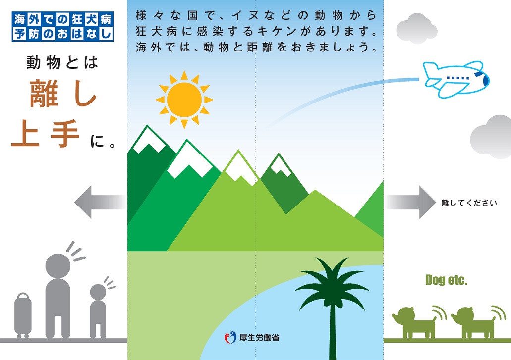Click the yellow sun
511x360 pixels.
[184, 100]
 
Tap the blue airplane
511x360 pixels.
[456, 79]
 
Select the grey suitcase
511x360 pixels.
[23, 315]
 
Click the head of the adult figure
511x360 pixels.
[57, 265]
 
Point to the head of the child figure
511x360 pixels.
[98, 292]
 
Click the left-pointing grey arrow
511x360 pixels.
[100, 202]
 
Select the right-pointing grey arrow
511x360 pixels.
[410, 202]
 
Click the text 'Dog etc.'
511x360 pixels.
[446, 280]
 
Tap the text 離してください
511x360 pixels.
[469, 203]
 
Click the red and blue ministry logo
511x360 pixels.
[230, 338]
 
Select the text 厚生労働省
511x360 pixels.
[259, 338]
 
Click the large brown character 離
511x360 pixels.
[44, 94]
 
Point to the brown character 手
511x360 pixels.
[65, 134]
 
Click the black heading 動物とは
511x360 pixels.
[62, 62]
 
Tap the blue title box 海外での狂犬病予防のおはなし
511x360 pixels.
[62, 26]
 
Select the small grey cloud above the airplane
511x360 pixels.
[416, 28]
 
